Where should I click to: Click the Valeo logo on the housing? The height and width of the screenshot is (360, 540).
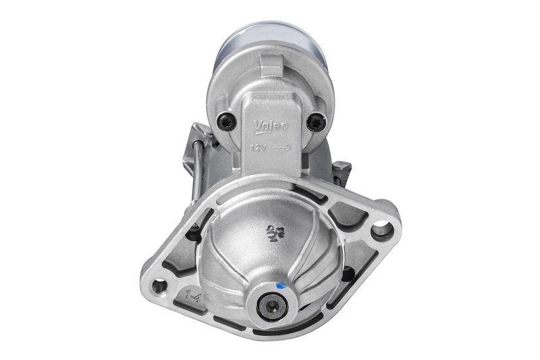(271, 126)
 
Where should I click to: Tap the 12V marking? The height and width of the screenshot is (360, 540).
(259, 146)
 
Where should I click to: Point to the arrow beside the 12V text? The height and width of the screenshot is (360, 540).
(283, 146)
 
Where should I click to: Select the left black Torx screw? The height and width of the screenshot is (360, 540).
(228, 122)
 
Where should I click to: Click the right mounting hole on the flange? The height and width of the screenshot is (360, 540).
(381, 228)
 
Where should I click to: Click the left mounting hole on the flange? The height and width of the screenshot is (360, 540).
(159, 286)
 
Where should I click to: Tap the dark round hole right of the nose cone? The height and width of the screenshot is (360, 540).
(347, 274)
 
